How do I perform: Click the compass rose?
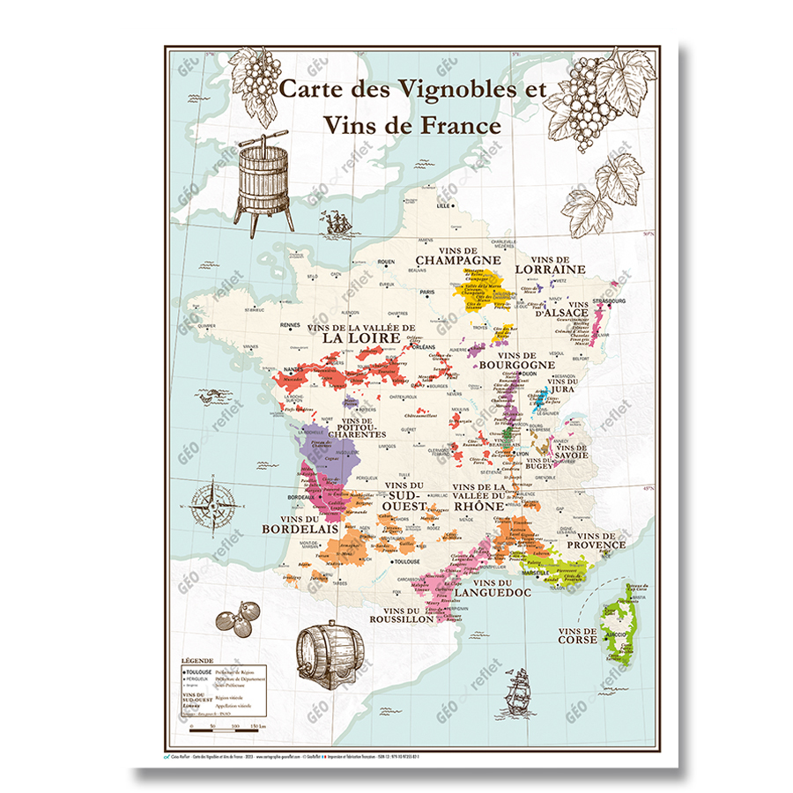pyautogui.click(x=216, y=503)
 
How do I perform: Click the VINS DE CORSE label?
pyautogui.click(x=578, y=634)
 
